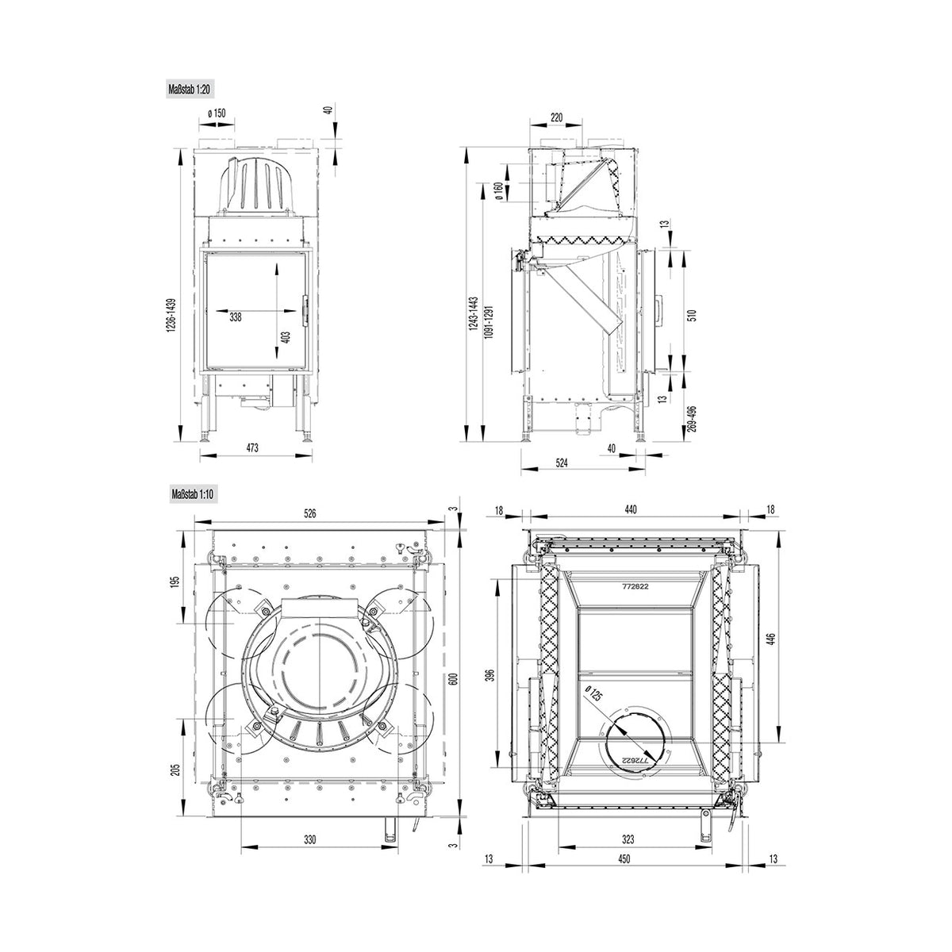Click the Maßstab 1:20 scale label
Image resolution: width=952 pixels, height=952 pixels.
click(x=190, y=90)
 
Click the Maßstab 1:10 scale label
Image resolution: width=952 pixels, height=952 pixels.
click(x=193, y=494)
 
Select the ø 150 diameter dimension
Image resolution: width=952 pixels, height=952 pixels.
click(x=217, y=113)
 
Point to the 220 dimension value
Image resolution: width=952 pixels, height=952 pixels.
click(x=556, y=117)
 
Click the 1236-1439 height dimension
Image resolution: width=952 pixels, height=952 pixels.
click(x=171, y=316)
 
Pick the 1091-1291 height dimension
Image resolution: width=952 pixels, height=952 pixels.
click(x=489, y=321)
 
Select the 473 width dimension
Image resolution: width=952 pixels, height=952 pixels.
click(x=252, y=448)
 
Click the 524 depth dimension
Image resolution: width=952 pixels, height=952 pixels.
click(x=562, y=463)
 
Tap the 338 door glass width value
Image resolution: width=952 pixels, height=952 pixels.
click(x=236, y=317)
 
